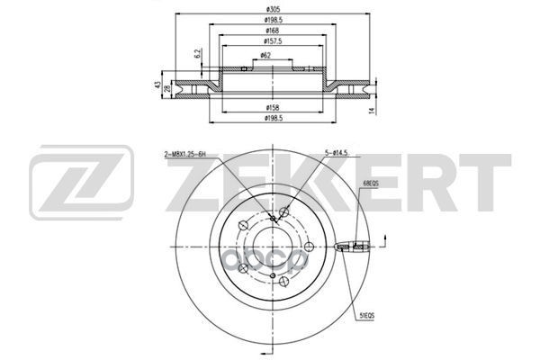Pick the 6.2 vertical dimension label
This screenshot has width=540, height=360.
click(x=197, y=56)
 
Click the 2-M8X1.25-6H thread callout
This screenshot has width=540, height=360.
click(x=192, y=156)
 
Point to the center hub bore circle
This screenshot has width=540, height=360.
click(x=271, y=246)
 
